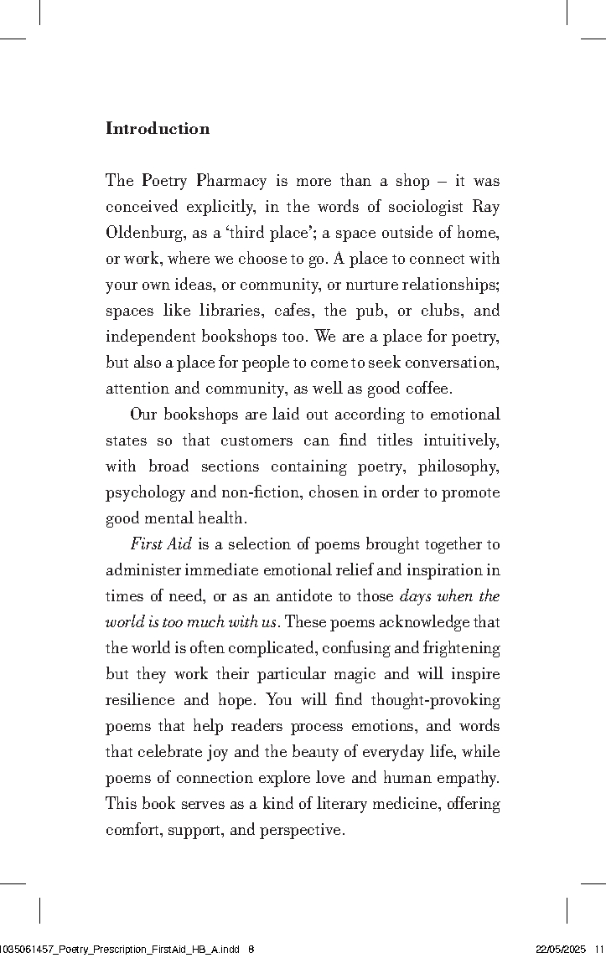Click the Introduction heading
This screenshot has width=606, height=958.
(158, 129)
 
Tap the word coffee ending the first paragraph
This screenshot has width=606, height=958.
(427, 389)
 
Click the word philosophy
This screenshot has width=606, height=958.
(458, 466)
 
